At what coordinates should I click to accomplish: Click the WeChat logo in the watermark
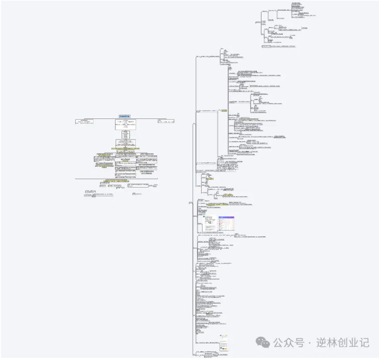(263, 342)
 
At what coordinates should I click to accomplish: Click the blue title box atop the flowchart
(125, 116)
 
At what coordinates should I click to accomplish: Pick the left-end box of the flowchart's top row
(85, 122)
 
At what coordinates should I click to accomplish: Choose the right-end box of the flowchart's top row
(166, 122)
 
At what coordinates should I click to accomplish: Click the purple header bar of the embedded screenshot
(226, 217)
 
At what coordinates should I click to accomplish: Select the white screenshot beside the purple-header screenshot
(209, 222)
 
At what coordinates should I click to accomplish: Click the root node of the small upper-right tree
(257, 23)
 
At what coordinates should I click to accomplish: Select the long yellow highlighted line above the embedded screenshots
(227, 204)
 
